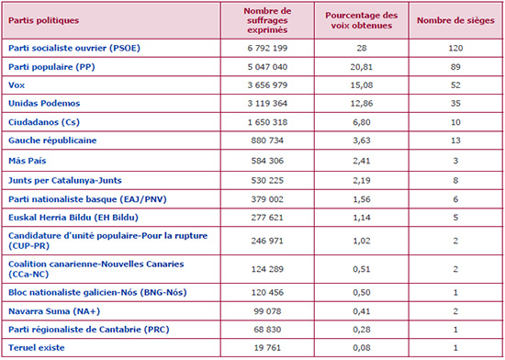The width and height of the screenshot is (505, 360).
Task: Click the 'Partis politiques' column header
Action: (x=43, y=20)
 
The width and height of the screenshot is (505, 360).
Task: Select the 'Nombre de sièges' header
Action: (x=455, y=20)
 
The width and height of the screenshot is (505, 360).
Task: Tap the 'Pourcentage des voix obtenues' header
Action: (x=362, y=20)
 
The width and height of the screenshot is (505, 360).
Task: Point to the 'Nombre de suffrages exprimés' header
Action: (x=267, y=20)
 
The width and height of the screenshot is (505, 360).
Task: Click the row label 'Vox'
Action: (x=17, y=85)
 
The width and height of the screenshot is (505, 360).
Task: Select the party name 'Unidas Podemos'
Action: (x=44, y=104)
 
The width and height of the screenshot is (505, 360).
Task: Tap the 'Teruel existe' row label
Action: (x=37, y=348)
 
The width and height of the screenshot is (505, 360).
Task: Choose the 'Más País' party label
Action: (x=27, y=161)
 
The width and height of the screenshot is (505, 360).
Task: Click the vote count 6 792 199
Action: (x=267, y=49)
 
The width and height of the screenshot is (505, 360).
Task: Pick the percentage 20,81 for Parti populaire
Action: (x=362, y=67)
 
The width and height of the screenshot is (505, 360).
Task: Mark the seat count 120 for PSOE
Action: (x=455, y=49)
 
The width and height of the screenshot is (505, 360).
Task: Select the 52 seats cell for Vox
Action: (x=455, y=85)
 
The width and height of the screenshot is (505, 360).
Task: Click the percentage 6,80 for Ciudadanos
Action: (x=362, y=122)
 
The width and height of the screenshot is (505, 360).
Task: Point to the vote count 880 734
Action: (x=267, y=141)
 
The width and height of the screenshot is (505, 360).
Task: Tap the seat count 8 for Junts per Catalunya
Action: (x=455, y=180)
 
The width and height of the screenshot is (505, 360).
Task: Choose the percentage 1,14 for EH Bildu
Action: (x=362, y=218)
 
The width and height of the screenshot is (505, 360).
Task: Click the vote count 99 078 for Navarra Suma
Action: (x=267, y=311)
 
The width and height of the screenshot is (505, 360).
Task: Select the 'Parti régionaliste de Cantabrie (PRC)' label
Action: (x=88, y=330)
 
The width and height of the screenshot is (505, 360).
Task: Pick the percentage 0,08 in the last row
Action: (x=362, y=348)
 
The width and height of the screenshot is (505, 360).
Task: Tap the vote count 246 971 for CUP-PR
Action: (x=267, y=241)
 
